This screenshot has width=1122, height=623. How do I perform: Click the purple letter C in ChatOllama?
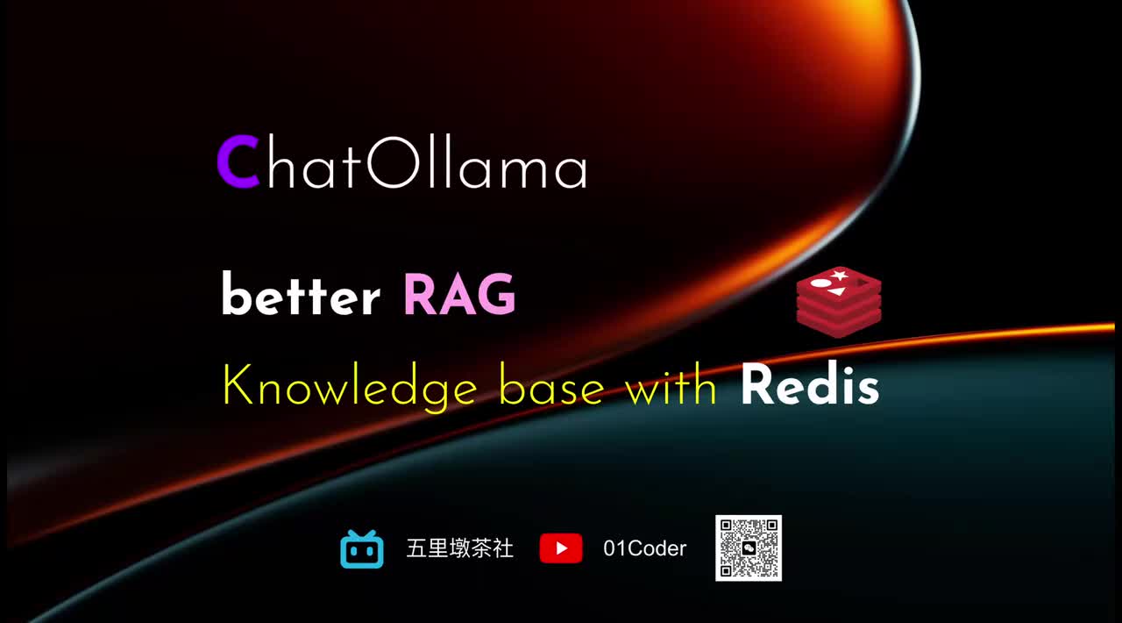tap(238, 163)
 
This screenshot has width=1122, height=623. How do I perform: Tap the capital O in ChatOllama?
tap(388, 163)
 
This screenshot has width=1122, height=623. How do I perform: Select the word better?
tap(300, 297)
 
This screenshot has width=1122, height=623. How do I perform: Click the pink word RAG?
tap(459, 295)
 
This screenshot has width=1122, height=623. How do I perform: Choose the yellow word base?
tap(551, 386)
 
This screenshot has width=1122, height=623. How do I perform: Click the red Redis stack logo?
tap(839, 304)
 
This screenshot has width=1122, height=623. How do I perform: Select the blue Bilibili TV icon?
tap(362, 549)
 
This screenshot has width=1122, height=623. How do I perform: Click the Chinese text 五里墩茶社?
tap(460, 549)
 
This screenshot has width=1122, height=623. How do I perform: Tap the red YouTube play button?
tap(561, 549)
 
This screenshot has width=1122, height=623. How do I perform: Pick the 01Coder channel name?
tap(645, 549)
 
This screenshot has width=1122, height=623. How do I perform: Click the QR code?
tap(749, 548)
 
